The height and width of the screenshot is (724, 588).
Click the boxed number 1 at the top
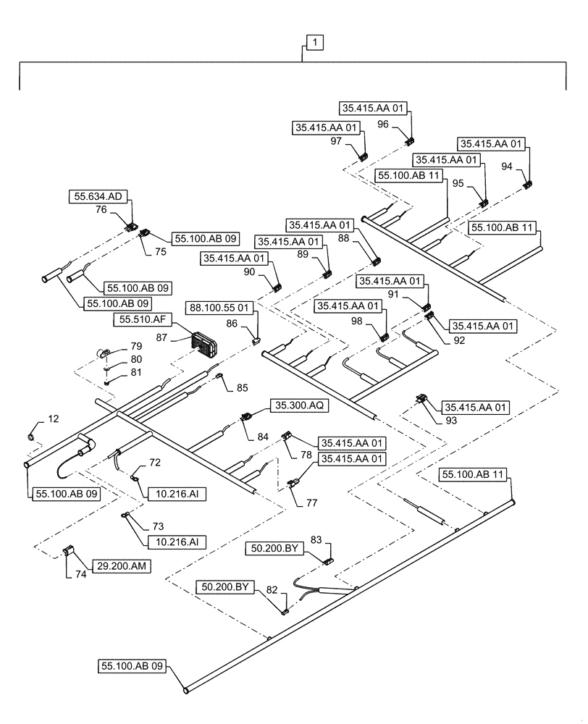(x=316, y=43)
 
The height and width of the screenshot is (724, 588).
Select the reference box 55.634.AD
(x=99, y=195)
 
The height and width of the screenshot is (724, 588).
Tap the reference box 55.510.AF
(x=140, y=319)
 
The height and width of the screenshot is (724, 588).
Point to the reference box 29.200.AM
(x=121, y=566)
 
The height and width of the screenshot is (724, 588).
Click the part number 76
(x=101, y=210)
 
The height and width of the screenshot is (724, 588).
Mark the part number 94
(x=506, y=167)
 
